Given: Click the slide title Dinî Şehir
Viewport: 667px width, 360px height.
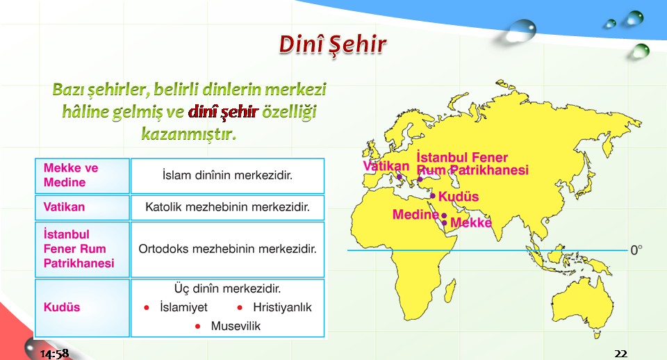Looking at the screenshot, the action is (x=333, y=44).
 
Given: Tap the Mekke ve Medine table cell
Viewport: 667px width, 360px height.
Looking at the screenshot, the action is (x=82, y=176).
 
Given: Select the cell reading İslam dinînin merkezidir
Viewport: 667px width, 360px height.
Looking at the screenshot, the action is (x=228, y=176).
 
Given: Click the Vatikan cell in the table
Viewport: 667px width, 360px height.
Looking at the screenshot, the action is (x=82, y=208).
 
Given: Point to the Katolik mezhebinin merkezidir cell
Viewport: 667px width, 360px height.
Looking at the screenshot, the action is (x=228, y=208).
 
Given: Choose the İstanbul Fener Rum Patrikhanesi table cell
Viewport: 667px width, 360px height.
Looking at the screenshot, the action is (x=82, y=249).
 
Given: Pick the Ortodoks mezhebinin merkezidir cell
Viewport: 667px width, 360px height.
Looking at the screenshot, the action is (x=228, y=249).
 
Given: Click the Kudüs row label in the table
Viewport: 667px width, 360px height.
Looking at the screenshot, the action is (x=62, y=307).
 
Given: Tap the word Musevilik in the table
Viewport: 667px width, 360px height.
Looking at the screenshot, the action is (x=236, y=327).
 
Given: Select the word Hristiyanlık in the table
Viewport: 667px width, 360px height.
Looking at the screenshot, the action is (x=282, y=308).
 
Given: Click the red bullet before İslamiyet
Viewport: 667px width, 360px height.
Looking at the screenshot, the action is (x=147, y=308).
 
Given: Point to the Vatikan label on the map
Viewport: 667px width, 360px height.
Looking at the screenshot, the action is (x=386, y=166).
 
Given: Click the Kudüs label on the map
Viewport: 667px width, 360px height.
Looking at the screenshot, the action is (x=459, y=197).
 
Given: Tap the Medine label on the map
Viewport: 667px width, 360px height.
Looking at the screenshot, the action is (x=415, y=215).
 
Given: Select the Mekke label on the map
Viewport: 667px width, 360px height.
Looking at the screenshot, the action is (x=471, y=222).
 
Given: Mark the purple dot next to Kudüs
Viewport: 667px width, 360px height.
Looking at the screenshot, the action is (x=433, y=196).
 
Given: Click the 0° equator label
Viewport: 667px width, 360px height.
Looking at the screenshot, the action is (x=636, y=250).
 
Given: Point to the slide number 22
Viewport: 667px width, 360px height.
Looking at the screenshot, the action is (x=620, y=354).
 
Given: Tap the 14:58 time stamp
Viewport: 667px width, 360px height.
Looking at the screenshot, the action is (x=54, y=354).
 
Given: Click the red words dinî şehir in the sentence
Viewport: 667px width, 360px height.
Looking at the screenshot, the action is (x=223, y=111).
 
